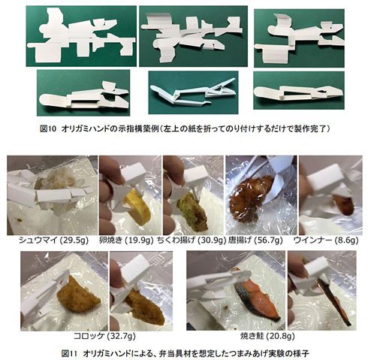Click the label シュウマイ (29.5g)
point(53,241)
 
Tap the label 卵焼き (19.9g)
point(126,241)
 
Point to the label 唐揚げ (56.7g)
point(255,241)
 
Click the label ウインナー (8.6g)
point(326,241)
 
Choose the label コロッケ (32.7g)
point(104,336)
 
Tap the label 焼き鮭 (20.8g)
point(267,336)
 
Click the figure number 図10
point(47,129)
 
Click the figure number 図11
point(68,353)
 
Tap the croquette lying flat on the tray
point(78,292)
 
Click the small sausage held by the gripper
point(343,205)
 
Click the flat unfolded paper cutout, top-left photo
point(80,36)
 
